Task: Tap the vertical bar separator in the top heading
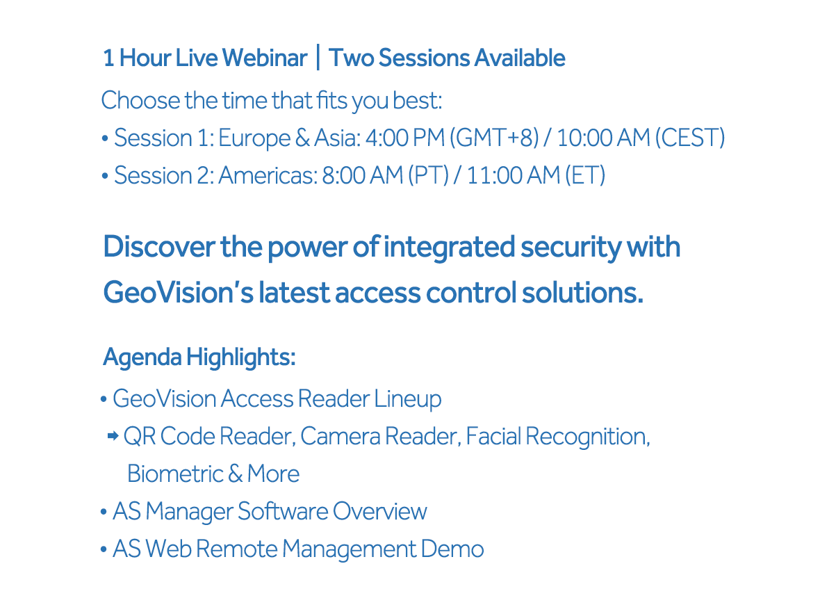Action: (318, 58)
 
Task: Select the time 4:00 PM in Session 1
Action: (404, 138)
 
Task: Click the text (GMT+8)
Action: (497, 138)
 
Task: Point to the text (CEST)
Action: (690, 138)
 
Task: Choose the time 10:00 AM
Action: (603, 138)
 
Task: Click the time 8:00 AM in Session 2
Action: (362, 175)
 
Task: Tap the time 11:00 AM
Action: (514, 175)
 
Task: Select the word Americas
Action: (268, 175)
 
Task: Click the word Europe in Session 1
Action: (254, 138)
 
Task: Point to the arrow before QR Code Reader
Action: (113, 436)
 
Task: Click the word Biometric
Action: (175, 474)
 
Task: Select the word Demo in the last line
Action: (452, 549)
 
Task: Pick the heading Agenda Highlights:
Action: (199, 357)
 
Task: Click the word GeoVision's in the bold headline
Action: (178, 293)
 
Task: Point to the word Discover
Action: (159, 247)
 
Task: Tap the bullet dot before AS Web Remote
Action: (104, 549)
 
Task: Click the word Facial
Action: (493, 436)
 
